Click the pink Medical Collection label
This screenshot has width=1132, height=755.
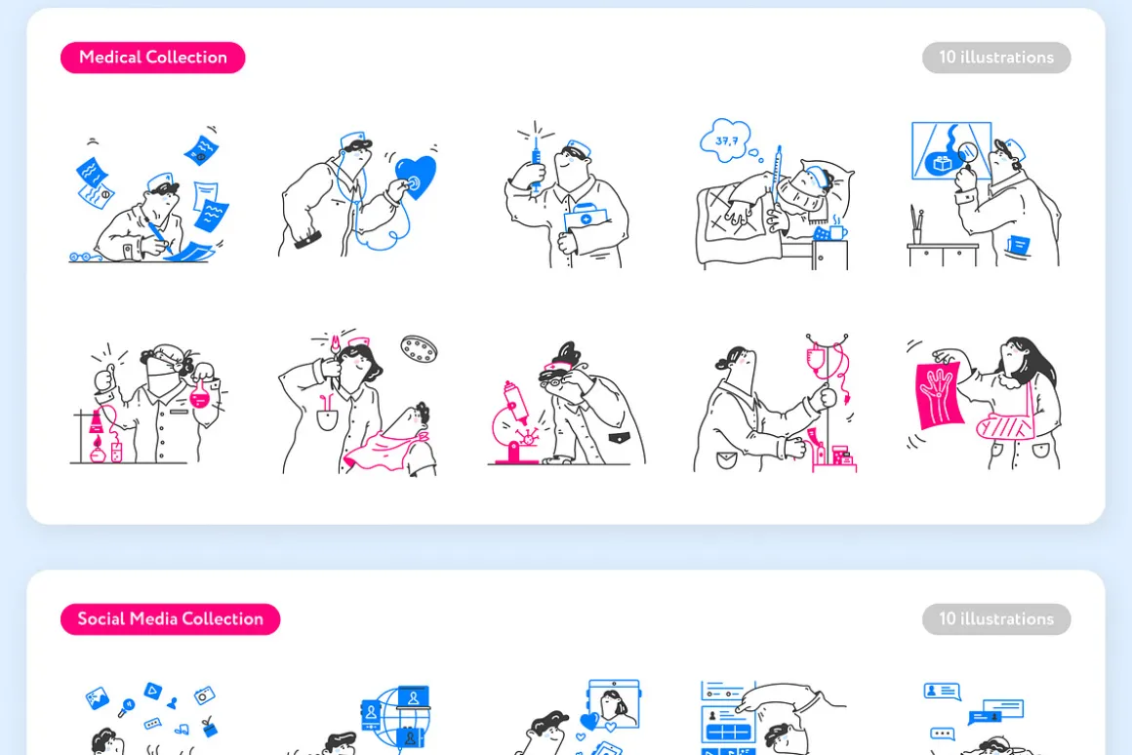(152, 58)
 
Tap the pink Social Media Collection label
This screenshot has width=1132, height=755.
(171, 619)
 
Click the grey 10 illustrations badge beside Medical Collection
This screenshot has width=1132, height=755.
(996, 58)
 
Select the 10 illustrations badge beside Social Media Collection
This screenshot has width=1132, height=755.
(996, 619)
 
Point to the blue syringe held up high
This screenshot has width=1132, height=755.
(537, 165)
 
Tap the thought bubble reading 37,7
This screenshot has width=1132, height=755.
(726, 140)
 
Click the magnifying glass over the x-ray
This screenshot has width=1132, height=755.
(967, 154)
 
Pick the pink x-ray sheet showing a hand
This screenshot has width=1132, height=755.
(939, 394)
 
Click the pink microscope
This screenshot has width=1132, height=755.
(514, 426)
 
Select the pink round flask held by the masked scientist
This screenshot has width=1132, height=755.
(198, 393)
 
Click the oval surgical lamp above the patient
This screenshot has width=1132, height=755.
(420, 349)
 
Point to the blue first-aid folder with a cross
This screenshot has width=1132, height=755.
(586, 219)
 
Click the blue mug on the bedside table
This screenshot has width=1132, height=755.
(838, 232)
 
